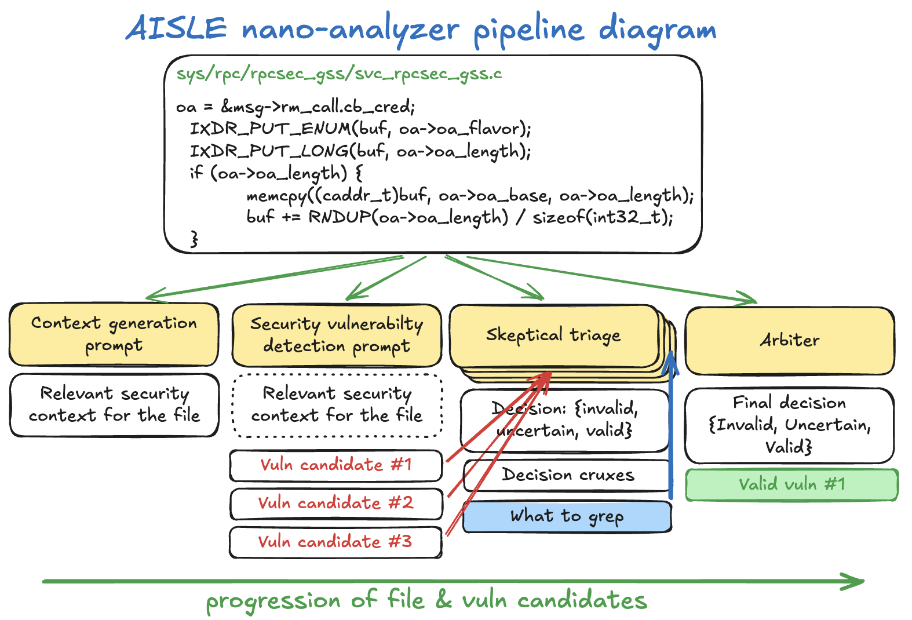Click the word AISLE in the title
point(177,28)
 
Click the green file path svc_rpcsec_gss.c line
point(339,74)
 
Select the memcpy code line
point(469,196)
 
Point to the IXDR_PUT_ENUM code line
point(360,129)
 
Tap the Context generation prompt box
point(114,334)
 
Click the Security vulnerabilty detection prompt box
point(337,335)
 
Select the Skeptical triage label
point(553,335)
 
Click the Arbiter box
point(789,340)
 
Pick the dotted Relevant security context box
point(337,404)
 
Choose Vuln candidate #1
point(335,465)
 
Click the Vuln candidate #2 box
point(335,503)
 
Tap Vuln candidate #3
point(335,542)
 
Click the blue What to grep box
point(567,516)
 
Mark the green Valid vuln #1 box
point(791,484)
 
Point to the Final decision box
point(789,425)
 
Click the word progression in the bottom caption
point(273,601)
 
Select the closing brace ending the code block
point(194,238)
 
